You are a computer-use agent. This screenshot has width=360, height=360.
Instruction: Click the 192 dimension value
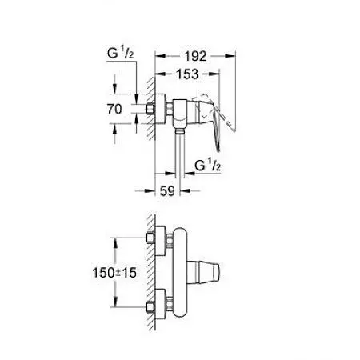[x=194, y=56]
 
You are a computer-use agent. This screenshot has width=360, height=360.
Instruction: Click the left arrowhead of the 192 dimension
[x=158, y=56]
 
